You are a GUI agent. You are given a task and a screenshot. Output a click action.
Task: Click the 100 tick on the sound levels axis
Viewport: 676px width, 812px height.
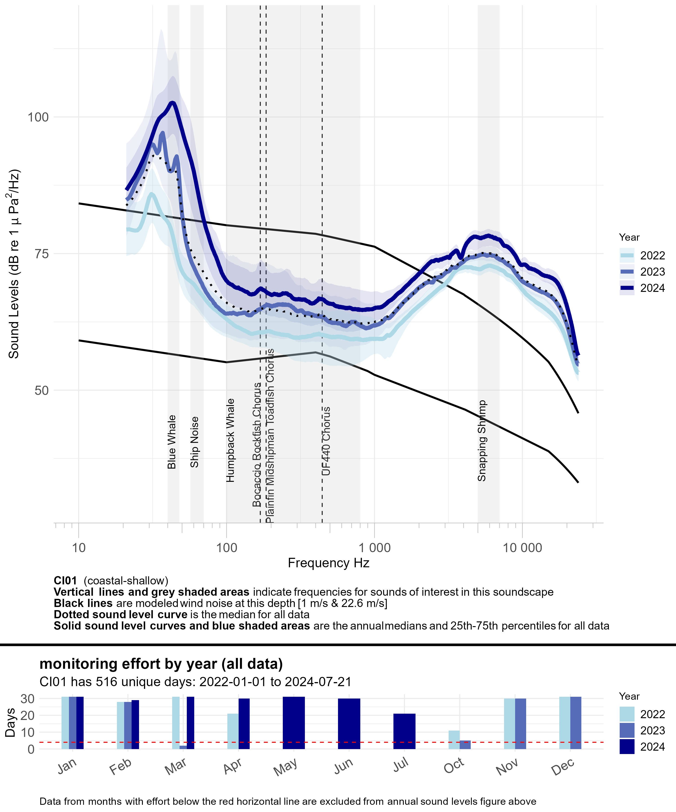click(x=38, y=117)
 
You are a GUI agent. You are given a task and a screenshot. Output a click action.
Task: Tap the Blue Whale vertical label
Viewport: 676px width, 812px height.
click(x=172, y=442)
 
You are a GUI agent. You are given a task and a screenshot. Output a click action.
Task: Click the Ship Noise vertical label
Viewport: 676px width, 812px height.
click(x=195, y=442)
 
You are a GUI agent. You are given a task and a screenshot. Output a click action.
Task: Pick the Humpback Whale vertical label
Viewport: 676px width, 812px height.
click(x=231, y=441)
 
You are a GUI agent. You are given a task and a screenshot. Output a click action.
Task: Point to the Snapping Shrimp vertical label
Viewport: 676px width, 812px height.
click(x=482, y=441)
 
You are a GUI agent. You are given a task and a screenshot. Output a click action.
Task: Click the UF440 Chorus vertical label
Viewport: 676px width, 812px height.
click(x=327, y=441)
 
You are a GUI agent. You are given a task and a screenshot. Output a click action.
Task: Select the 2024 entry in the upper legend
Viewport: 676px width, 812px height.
click(x=652, y=288)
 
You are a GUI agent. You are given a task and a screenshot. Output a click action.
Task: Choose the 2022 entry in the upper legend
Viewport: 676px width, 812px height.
click(x=652, y=256)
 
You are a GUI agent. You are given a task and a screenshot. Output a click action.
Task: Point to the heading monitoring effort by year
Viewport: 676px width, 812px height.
click(x=161, y=664)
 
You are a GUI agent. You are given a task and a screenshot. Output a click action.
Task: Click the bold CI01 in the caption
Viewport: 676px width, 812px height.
click(x=65, y=581)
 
